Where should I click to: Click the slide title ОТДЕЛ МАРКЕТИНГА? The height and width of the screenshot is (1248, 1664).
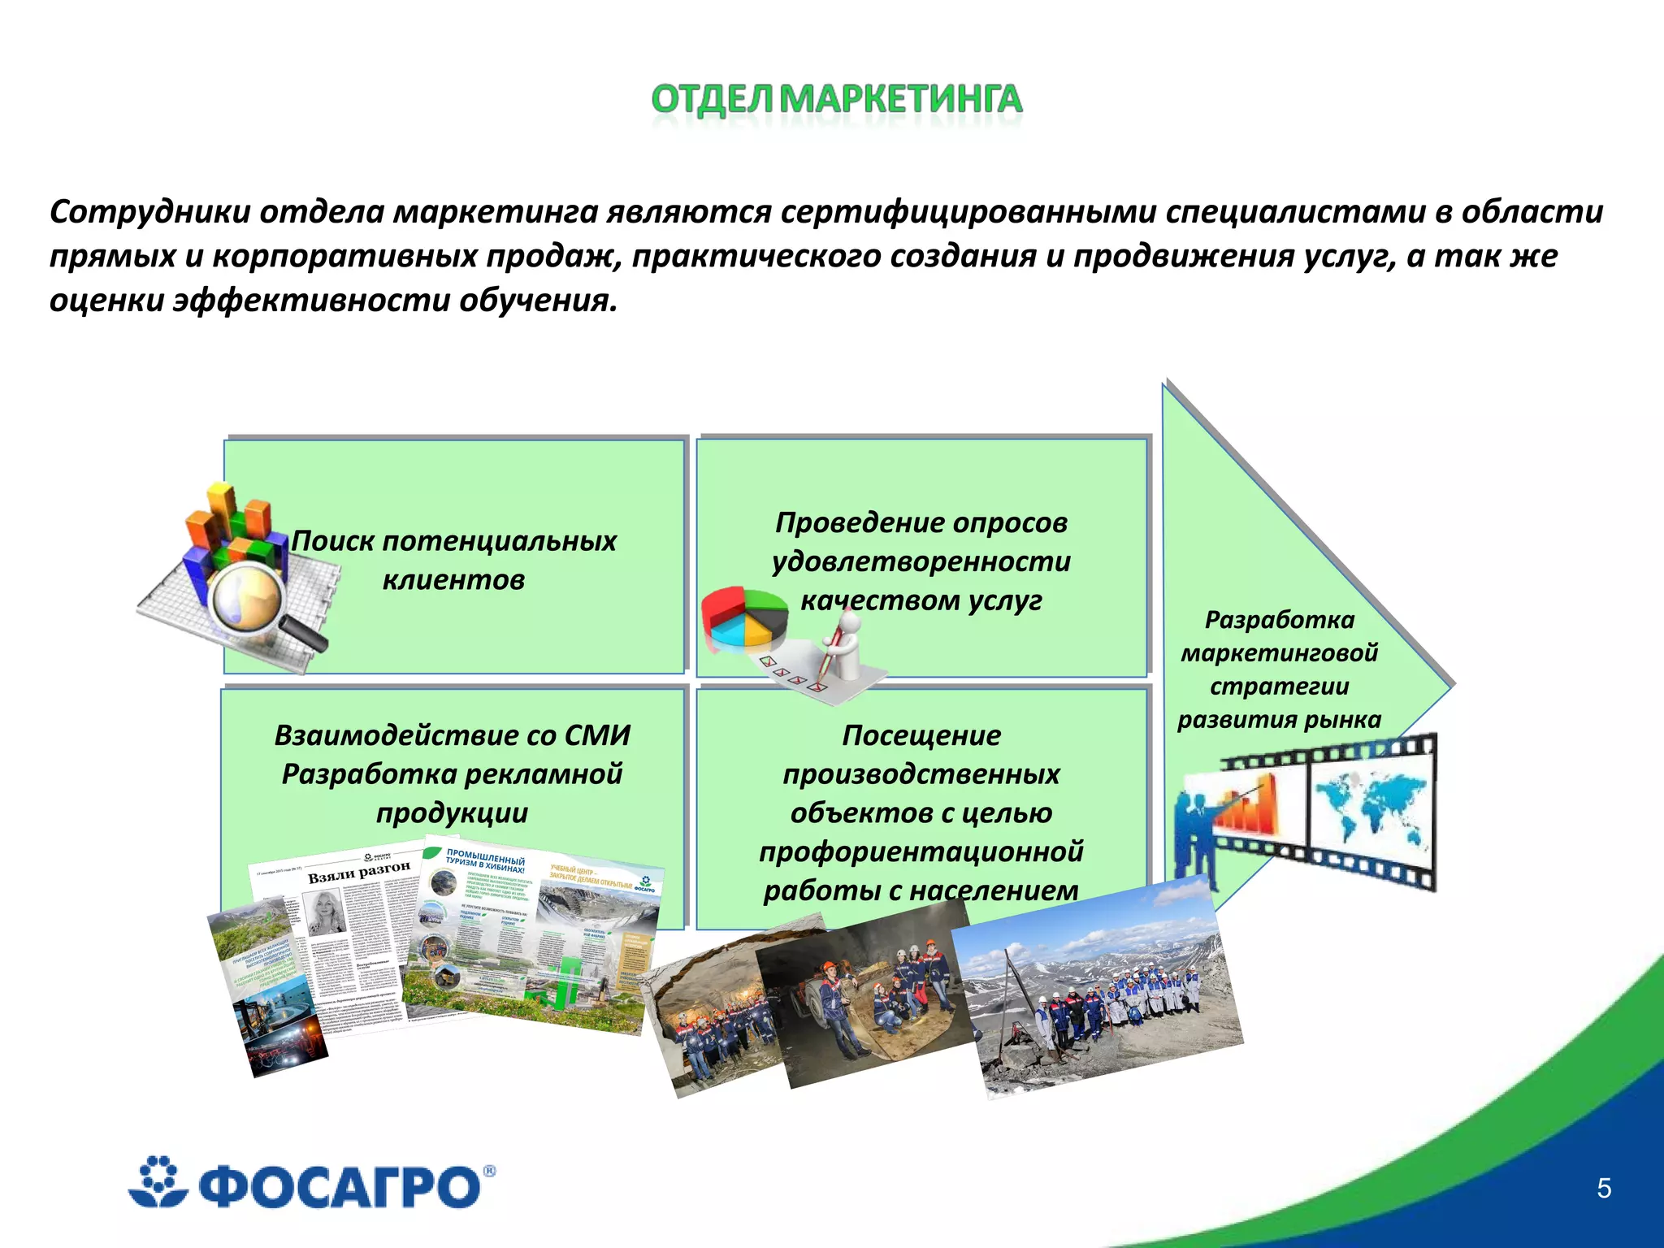(836, 99)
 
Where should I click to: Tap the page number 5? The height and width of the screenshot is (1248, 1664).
(1604, 1188)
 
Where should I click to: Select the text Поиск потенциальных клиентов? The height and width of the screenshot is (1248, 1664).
(453, 560)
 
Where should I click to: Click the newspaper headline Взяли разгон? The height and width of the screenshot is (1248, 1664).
(358, 872)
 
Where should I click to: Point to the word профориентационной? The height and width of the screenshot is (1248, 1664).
(921, 851)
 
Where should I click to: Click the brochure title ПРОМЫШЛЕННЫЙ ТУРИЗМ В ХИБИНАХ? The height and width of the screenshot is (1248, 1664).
(485, 861)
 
